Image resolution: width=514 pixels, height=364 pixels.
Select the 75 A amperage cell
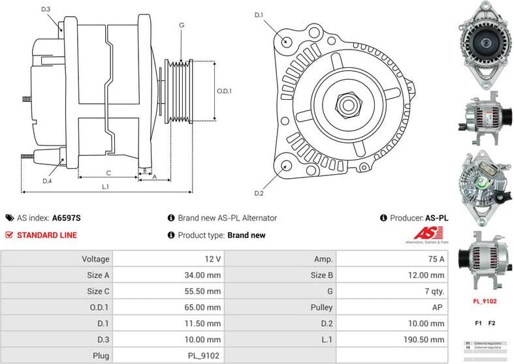coord(434,259)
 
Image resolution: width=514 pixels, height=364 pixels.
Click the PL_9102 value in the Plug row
coord(204,356)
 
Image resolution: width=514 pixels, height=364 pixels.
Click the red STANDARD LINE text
coord(46,235)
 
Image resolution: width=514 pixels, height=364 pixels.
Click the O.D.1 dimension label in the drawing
coord(224,91)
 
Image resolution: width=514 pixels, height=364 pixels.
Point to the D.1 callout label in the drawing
coord(258,14)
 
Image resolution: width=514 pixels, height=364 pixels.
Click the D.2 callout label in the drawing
coord(258,194)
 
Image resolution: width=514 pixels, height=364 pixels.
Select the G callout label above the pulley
coord(181,25)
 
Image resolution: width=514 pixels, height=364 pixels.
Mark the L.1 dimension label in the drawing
coord(105,187)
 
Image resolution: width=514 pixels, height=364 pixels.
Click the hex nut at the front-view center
coord(345,104)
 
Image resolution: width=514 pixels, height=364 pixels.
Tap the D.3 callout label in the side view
coord(46,8)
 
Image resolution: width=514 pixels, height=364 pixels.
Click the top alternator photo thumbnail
coord(484,45)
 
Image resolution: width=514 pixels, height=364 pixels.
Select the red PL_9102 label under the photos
coord(484,301)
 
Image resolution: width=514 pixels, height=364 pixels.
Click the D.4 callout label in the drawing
coord(46,181)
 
